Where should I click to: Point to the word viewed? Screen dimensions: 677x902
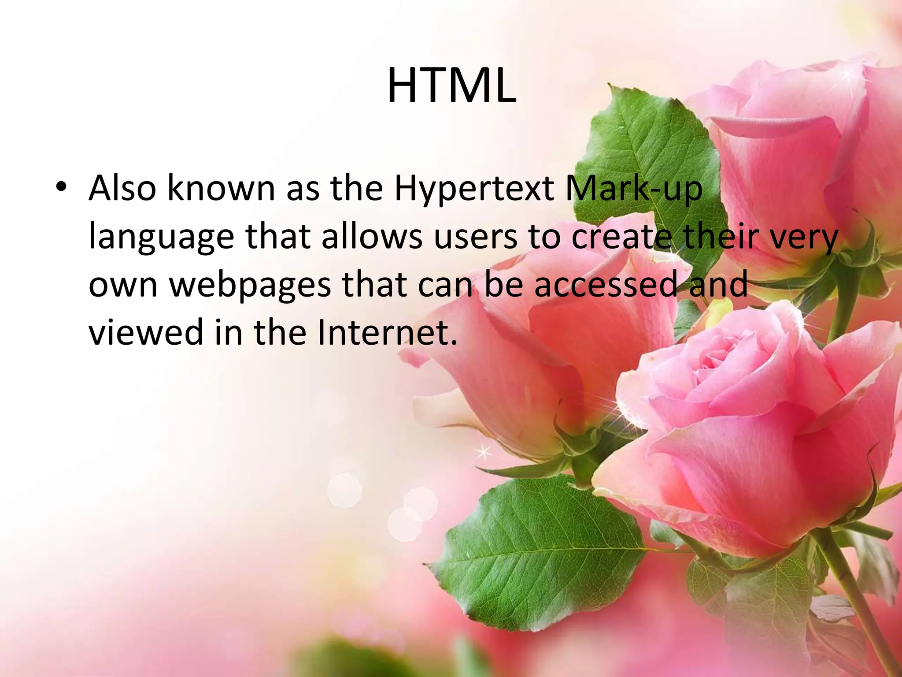(x=145, y=332)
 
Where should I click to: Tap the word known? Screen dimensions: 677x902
(x=221, y=189)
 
